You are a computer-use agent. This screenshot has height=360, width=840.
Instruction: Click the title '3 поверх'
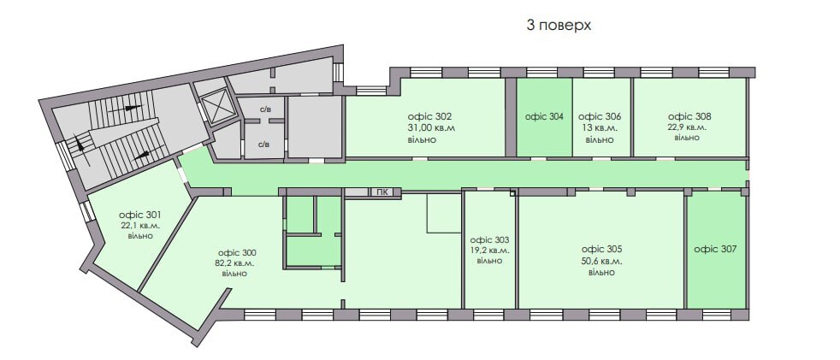click(559, 26)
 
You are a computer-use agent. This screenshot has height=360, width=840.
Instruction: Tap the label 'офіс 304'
click(544, 117)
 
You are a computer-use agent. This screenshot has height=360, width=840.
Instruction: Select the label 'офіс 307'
click(715, 250)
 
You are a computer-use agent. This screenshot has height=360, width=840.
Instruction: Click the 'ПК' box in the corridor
click(383, 192)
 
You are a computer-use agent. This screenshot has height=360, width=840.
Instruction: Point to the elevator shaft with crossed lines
click(219, 107)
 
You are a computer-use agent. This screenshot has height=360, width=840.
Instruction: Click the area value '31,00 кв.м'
click(431, 128)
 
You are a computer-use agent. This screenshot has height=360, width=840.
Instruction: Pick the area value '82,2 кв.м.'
click(236, 263)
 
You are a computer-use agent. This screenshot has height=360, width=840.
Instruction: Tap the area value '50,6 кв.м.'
click(601, 261)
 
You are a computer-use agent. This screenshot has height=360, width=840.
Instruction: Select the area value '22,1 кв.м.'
click(142, 225)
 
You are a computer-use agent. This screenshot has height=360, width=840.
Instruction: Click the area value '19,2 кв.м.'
click(490, 251)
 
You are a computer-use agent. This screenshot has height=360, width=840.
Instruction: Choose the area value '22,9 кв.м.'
click(689, 127)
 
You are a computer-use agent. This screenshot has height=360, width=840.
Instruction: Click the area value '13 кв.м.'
click(600, 128)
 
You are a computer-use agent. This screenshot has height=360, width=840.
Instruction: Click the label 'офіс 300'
click(236, 252)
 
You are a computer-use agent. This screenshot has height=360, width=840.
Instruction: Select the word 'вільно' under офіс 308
click(688, 138)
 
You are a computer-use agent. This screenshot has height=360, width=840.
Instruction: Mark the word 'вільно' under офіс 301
click(142, 235)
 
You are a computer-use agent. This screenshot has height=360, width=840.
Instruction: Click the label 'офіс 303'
click(490, 239)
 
